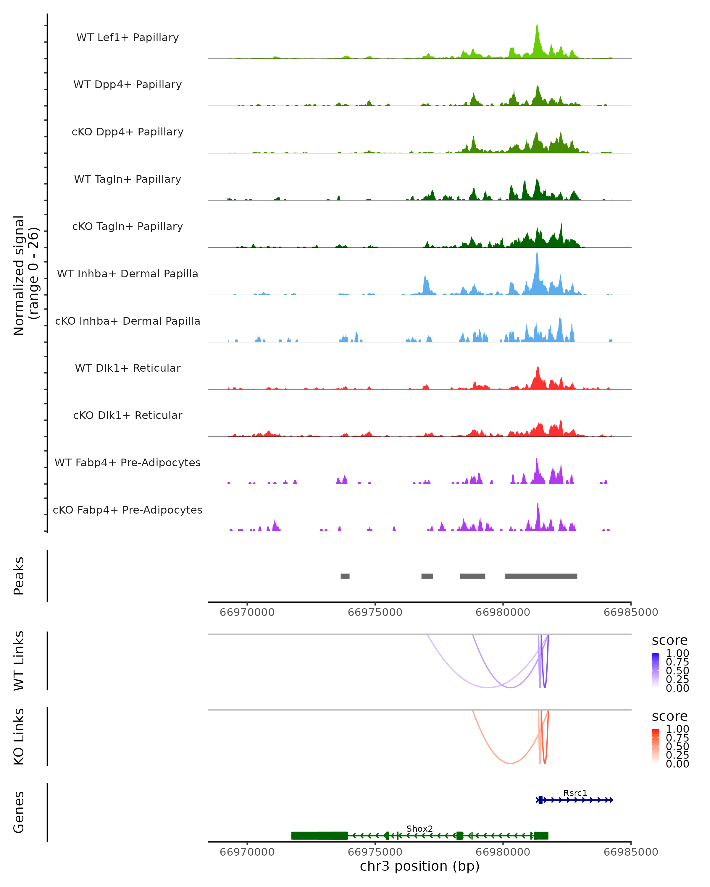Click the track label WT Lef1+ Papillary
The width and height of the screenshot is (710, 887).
pyautogui.click(x=128, y=38)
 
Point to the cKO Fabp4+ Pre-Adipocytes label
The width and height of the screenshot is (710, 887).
pyautogui.click(x=128, y=510)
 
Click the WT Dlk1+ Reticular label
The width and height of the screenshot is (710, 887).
pyautogui.click(x=128, y=368)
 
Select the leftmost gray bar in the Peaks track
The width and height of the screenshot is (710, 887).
pyautogui.click(x=345, y=576)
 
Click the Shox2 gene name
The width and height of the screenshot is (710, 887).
pyautogui.click(x=419, y=828)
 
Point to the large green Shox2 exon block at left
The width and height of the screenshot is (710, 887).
pyautogui.click(x=319, y=835)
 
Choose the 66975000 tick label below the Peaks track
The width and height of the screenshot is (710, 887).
pyautogui.click(x=375, y=612)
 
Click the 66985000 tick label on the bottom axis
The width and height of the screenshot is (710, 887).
pyautogui.click(x=630, y=852)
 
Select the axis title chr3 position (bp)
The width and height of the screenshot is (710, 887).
pyautogui.click(x=419, y=866)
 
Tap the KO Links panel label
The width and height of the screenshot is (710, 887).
pyautogui.click(x=19, y=737)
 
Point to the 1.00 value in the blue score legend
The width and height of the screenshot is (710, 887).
pyautogui.click(x=677, y=653)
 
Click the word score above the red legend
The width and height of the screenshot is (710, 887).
pyautogui.click(x=669, y=716)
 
